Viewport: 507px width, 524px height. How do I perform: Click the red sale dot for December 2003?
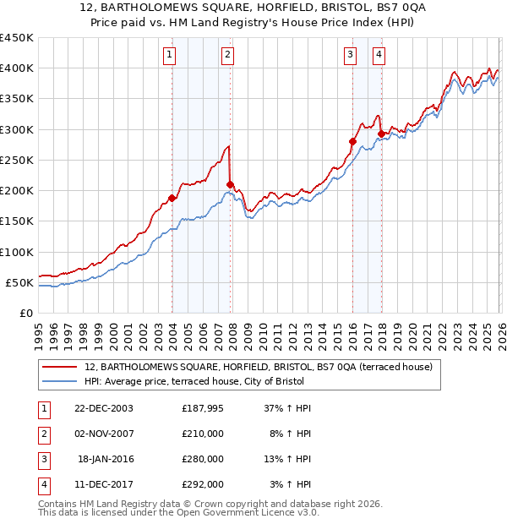click(x=172, y=198)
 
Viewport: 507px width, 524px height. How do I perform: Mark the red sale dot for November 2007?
click(x=230, y=184)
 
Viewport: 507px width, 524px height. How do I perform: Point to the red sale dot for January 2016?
click(x=352, y=141)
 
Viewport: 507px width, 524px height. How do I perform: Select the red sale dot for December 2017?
click(x=381, y=134)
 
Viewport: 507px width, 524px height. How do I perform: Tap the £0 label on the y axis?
click(x=25, y=313)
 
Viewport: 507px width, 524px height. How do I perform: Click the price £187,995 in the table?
click(x=202, y=407)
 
